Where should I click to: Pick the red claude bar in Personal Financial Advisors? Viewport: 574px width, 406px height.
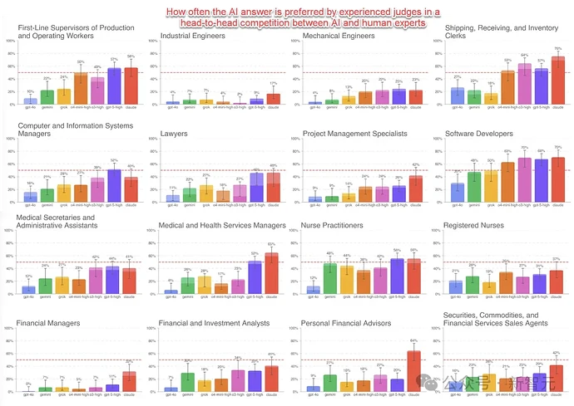[x=414, y=371]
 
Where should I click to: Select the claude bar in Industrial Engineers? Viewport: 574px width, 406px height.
[x=273, y=100]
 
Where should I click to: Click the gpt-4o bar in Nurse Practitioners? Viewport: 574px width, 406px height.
[x=313, y=291]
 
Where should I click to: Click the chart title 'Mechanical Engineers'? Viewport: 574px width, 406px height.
[x=339, y=37]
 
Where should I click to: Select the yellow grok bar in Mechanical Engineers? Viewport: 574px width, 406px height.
[x=349, y=100]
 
